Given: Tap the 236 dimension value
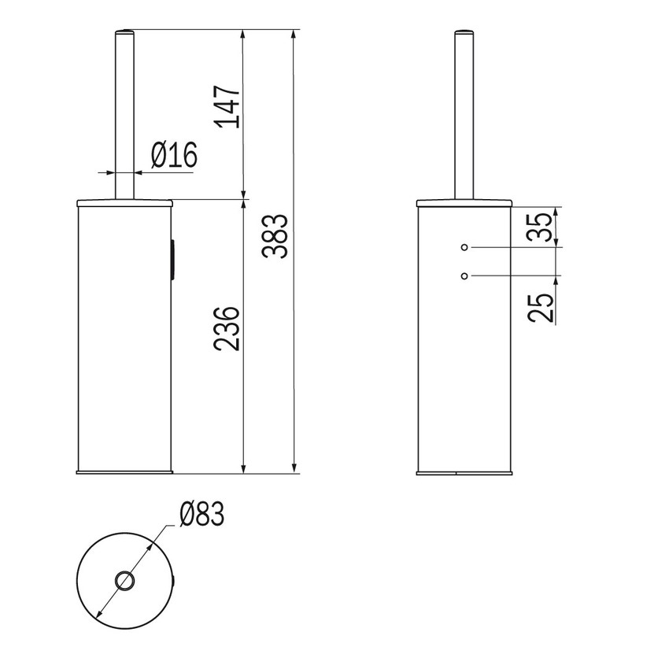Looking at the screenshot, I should (x=227, y=330).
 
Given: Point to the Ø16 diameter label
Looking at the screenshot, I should (x=172, y=155).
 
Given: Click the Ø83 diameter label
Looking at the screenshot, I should (x=201, y=516).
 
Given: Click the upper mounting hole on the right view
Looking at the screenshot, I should (x=464, y=248).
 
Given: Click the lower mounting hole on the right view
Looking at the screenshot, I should (x=464, y=275).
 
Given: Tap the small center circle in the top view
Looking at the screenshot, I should (x=124, y=582).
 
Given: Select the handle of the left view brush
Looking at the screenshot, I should (x=124, y=118).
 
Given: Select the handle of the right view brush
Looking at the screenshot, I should (x=464, y=118).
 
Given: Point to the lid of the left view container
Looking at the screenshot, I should (x=124, y=202).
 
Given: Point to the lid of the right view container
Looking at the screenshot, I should (x=464, y=202).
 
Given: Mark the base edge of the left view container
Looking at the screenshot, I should (x=124, y=472).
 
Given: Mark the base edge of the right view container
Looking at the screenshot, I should (x=464, y=472).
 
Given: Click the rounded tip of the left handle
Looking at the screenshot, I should (x=124, y=33).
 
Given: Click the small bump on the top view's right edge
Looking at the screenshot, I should (x=173, y=582).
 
